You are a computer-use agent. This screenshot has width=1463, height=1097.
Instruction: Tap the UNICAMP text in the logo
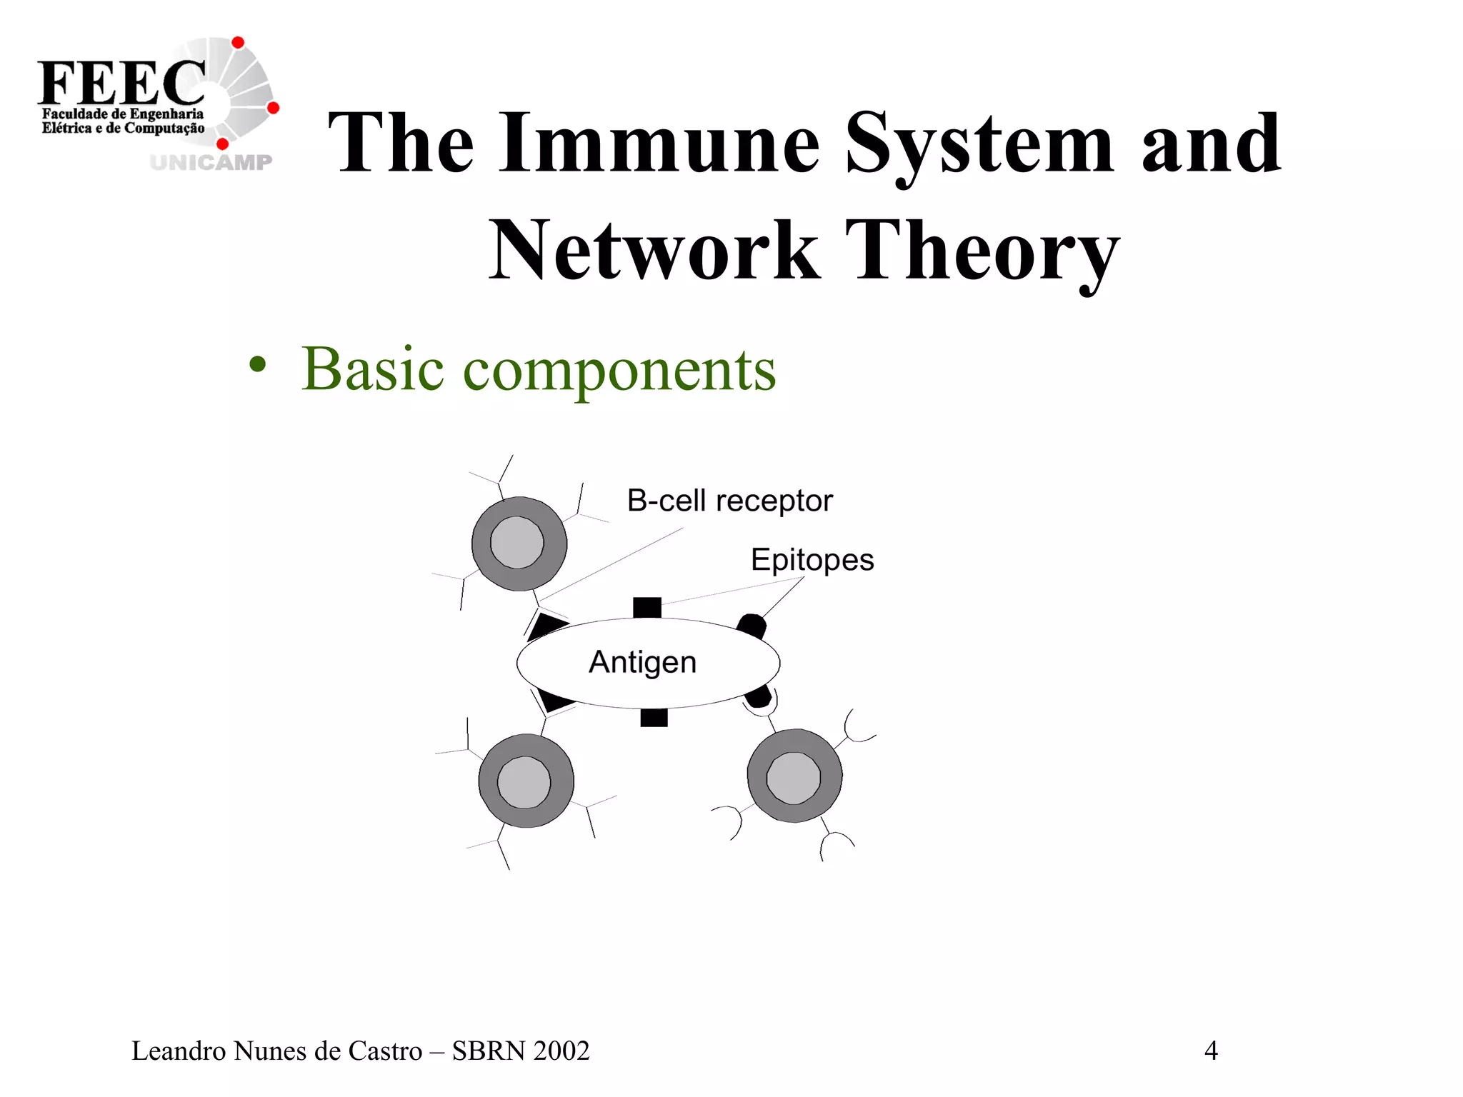tap(211, 163)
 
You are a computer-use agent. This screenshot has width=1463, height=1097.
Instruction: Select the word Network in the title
tap(654, 251)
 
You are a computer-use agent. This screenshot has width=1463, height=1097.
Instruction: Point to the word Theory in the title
tap(982, 251)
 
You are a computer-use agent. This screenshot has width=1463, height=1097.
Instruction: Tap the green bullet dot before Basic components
tap(257, 366)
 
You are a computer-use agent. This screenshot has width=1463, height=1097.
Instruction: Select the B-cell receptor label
tap(729, 501)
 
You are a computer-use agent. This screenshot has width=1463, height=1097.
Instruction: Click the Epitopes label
tap(812, 559)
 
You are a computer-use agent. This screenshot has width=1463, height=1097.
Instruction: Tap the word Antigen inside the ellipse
tap(642, 662)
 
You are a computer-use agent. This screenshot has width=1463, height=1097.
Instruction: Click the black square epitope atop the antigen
tap(647, 608)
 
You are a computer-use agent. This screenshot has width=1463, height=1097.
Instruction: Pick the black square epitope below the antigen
tap(654, 717)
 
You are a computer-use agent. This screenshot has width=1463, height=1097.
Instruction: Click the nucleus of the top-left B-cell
tap(517, 543)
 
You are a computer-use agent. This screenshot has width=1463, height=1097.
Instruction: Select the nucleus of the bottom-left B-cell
tap(524, 782)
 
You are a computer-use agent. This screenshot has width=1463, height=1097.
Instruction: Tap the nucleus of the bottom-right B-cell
tap(793, 777)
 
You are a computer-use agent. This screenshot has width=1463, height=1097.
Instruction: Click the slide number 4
tap(1211, 1051)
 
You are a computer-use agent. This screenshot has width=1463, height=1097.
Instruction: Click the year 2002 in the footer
tap(561, 1051)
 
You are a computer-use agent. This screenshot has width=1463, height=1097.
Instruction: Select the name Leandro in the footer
tap(179, 1051)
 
